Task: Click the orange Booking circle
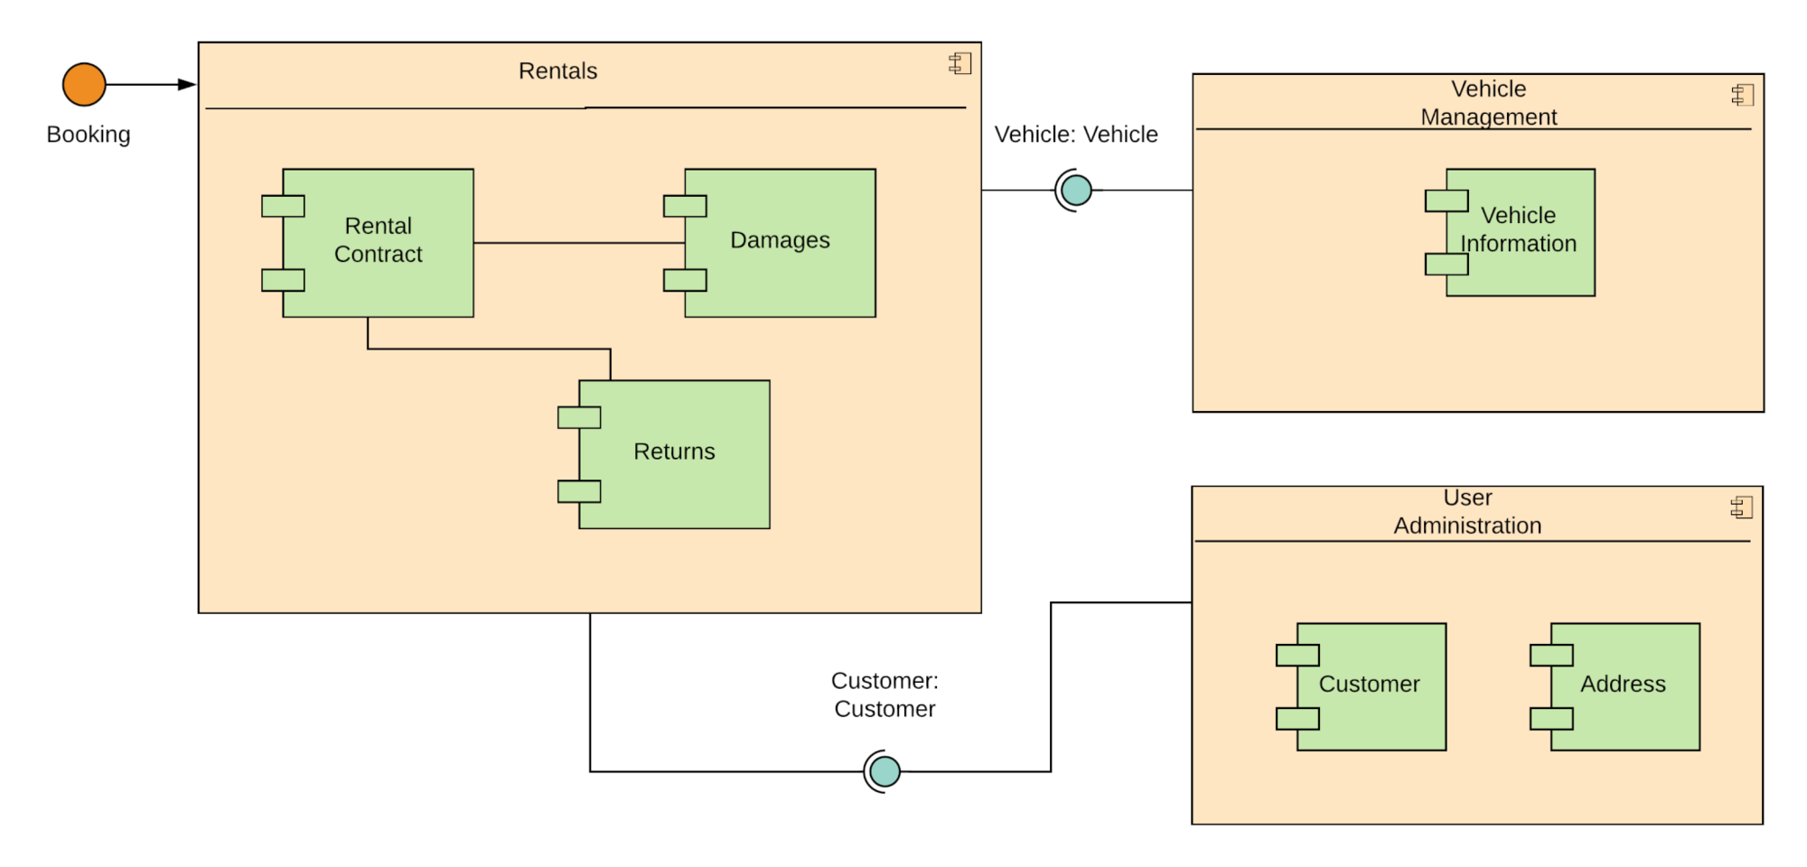84,85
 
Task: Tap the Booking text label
89,135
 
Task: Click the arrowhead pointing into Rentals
187,85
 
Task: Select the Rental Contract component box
378,242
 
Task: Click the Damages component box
780,242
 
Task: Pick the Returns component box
674,453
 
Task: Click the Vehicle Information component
1520,232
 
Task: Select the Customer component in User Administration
1371,686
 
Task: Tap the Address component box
1624,686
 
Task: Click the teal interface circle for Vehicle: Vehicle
1076,191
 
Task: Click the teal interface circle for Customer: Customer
885,771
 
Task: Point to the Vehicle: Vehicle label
1076,135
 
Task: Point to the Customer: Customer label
885,695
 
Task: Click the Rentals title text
557,71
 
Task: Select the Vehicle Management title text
1488,103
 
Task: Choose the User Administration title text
1467,512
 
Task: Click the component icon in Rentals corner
960,63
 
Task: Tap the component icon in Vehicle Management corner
1743,95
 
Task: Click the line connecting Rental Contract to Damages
578,243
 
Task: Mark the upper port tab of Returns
579,417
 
